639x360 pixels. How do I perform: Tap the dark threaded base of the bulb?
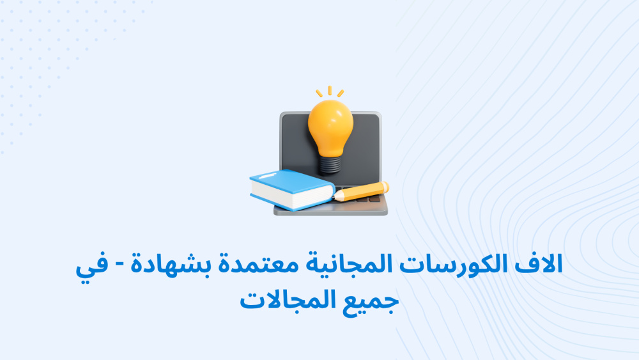pos(330,164)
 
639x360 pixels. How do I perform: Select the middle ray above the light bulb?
pos(330,91)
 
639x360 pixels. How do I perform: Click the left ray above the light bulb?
pos(319,93)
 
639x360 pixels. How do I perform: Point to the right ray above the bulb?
pos(341,93)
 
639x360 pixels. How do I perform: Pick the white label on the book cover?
pos(267,175)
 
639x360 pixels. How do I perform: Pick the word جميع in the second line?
pos(370,302)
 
